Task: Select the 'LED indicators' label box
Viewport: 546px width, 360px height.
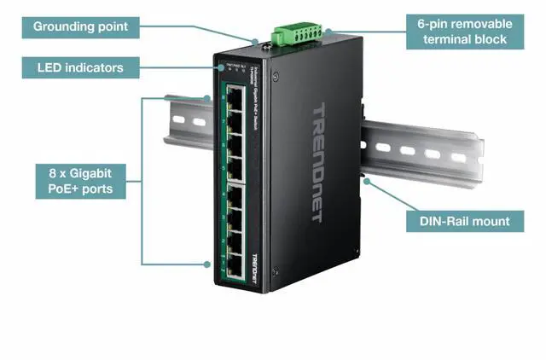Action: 80,67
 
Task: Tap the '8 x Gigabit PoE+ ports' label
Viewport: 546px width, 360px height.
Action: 80,182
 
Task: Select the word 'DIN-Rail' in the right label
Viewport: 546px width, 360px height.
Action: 443,221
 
